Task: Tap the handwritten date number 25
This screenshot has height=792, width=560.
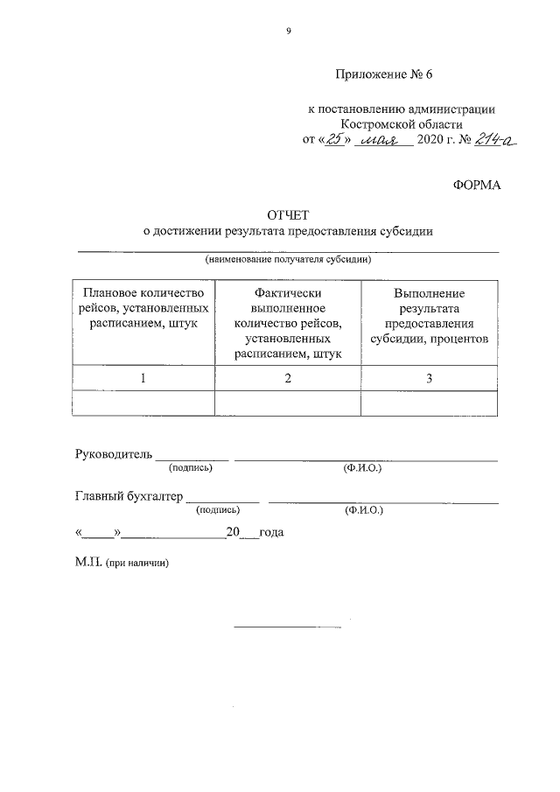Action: [x=334, y=140]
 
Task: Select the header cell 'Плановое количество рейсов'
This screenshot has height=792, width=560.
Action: [x=143, y=308]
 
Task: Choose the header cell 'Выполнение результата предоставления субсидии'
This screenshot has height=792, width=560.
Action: [x=429, y=316]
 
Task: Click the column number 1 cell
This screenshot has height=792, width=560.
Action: [x=143, y=378]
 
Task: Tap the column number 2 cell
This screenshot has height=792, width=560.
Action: [x=287, y=378]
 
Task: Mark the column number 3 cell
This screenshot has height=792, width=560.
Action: [x=429, y=378]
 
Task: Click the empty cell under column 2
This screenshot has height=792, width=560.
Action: [x=287, y=403]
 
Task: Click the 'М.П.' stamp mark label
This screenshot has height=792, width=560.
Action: [x=88, y=565]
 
